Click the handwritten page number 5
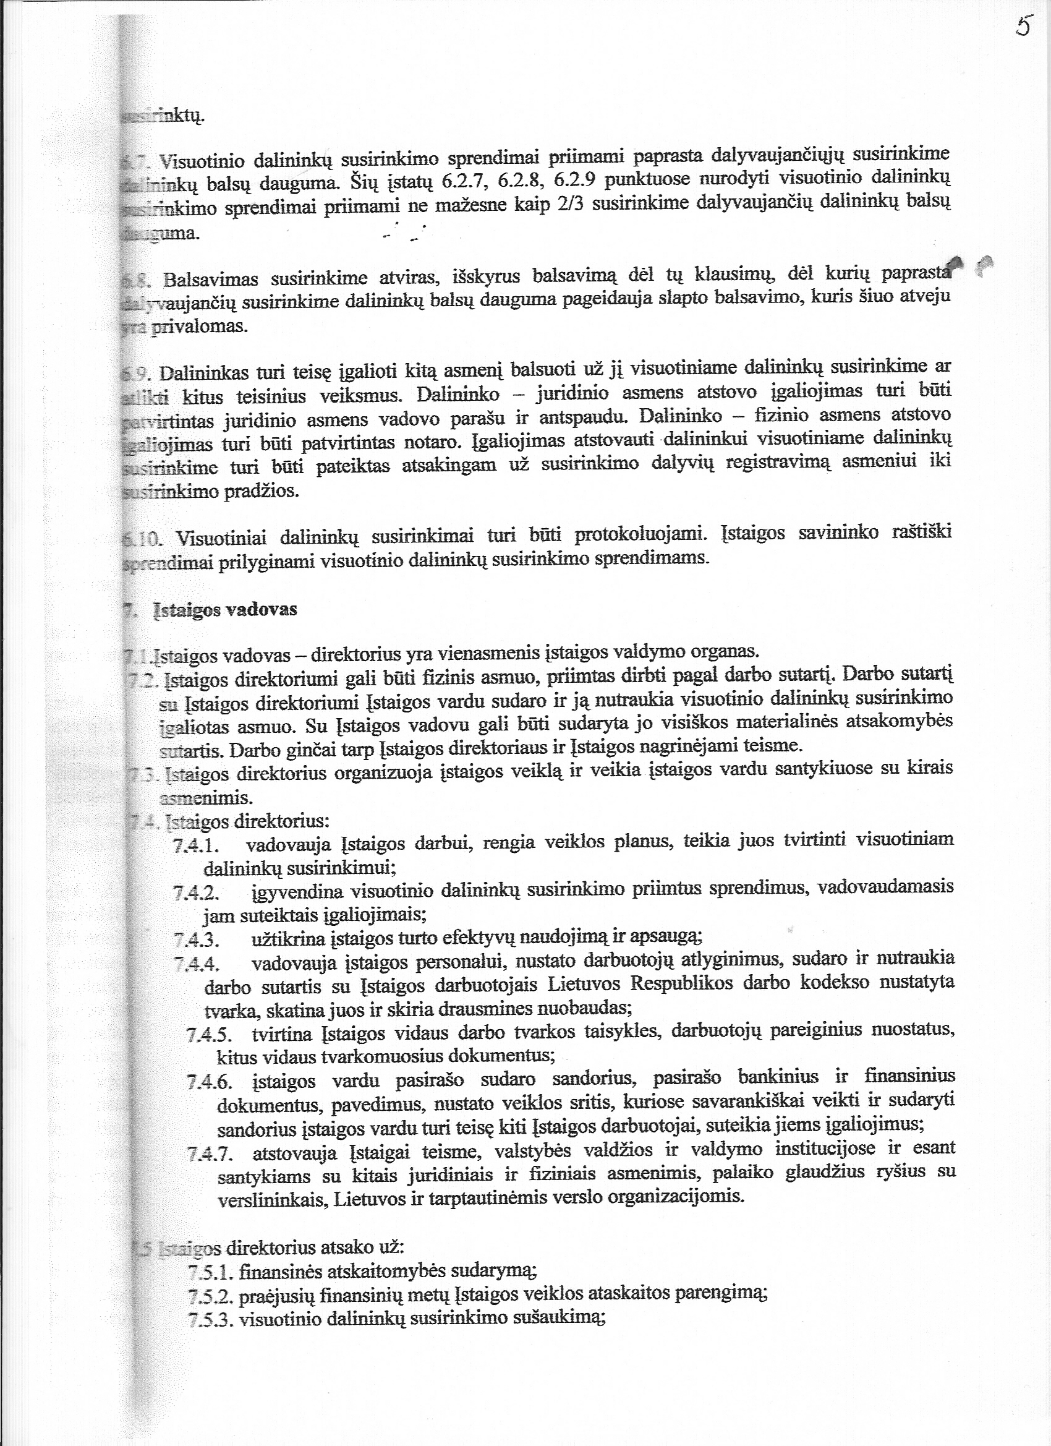[1023, 26]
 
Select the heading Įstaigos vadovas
[225, 610]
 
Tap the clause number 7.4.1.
[197, 846]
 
